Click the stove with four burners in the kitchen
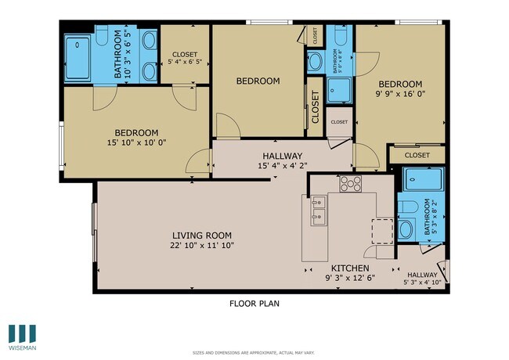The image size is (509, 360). (x=350, y=184)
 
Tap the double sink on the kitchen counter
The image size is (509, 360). (x=318, y=211)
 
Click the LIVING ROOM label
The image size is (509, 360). (x=202, y=235)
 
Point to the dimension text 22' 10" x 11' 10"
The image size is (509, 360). (x=202, y=245)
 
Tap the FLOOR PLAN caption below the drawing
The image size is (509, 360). (x=254, y=304)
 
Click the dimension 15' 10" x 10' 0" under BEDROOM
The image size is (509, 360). (x=136, y=144)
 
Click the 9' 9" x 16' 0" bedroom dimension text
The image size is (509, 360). (x=400, y=95)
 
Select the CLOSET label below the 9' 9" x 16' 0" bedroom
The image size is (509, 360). (x=417, y=155)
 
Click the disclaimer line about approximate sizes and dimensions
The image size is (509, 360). (x=254, y=353)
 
